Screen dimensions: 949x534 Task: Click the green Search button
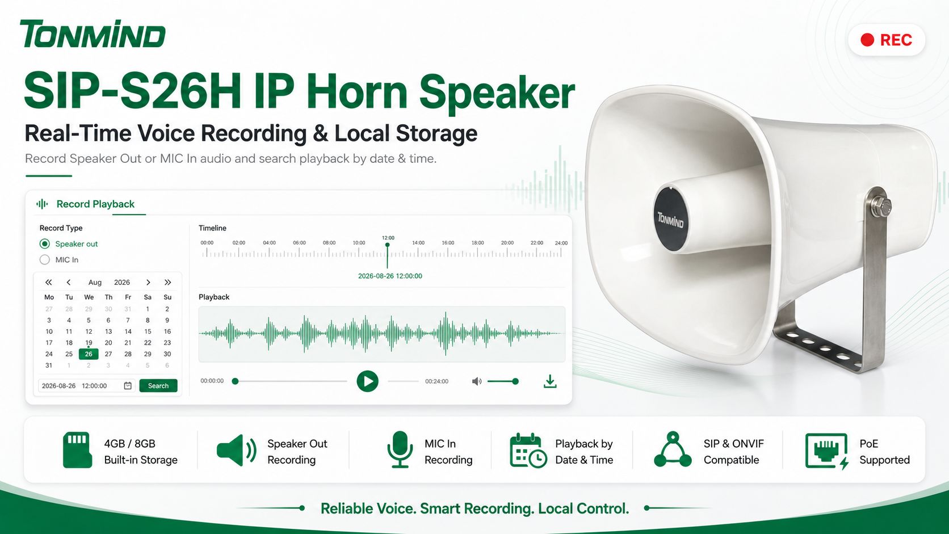click(x=158, y=386)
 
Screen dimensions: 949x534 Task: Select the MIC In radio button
click(x=44, y=259)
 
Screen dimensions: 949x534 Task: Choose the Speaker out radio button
click(x=44, y=244)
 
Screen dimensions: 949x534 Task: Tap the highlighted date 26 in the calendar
click(x=89, y=354)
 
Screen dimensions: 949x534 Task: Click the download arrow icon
click(x=550, y=381)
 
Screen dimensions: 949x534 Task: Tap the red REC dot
click(x=867, y=40)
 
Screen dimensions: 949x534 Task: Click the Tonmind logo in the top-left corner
click(x=93, y=33)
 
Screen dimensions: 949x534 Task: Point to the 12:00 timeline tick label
click(x=388, y=238)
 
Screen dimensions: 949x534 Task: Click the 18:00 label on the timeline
click(x=477, y=243)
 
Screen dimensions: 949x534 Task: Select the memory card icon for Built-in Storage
click(x=77, y=449)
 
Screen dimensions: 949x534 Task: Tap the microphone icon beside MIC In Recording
click(x=400, y=449)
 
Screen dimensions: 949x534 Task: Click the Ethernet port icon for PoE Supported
click(x=826, y=451)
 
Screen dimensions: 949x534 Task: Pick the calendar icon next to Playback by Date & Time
click(x=528, y=451)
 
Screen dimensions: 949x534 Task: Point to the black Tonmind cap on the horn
click(x=670, y=219)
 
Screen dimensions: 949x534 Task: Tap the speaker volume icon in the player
click(x=477, y=381)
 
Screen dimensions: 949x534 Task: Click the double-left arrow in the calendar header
click(x=49, y=283)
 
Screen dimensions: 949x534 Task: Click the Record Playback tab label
click(x=95, y=204)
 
